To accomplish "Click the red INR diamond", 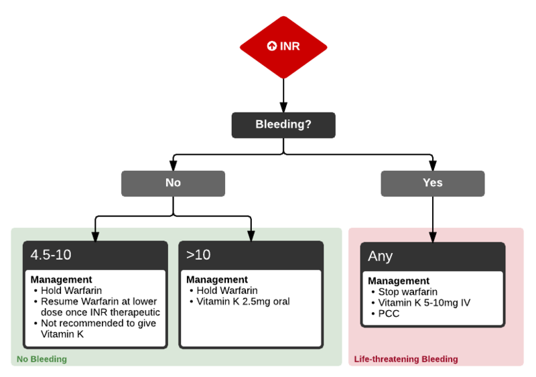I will [x=283, y=46].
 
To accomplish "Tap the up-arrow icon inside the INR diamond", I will [x=271, y=46].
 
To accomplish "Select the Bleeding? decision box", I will [x=283, y=125].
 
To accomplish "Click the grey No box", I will [x=173, y=183].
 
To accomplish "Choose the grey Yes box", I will [x=433, y=183].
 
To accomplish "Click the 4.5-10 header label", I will [x=51, y=255].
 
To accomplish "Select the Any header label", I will [x=381, y=256].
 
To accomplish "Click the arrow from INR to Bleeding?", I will [x=283, y=94].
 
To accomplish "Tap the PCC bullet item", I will [x=389, y=313].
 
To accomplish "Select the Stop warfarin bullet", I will [x=408, y=292].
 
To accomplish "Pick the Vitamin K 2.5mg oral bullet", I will [x=243, y=301].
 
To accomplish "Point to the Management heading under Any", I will [x=399, y=281].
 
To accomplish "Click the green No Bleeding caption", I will [x=42, y=360].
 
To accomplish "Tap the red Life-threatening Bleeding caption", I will [x=406, y=360].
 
